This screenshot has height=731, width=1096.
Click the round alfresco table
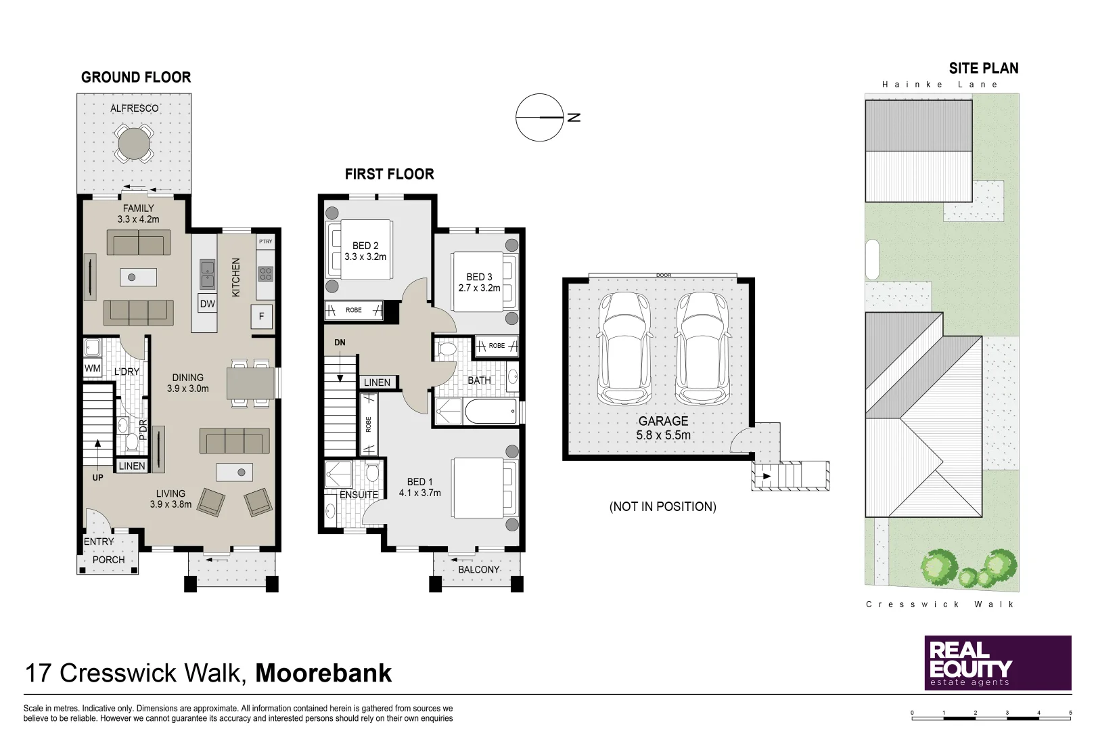coord(134,143)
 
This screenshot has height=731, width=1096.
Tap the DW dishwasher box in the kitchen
coord(207,304)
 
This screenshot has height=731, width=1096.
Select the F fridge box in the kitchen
coord(262,316)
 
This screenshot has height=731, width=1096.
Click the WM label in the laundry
coord(93,368)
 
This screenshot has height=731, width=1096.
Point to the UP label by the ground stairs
coord(98,477)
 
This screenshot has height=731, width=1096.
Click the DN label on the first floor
coord(340,342)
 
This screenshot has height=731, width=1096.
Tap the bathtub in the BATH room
coord(490,412)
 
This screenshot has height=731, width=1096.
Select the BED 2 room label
coord(365,251)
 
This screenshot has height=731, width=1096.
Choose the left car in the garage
coord(624,348)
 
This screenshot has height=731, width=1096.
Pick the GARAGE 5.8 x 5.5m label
coord(663,428)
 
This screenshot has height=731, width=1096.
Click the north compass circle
coord(540,117)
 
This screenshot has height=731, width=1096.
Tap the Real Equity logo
coord(997,663)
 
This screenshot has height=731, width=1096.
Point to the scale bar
coord(991,713)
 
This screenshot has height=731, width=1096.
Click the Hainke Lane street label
coord(940,85)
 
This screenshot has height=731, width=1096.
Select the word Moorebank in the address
coord(323,673)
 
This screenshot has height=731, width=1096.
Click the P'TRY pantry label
coord(265,241)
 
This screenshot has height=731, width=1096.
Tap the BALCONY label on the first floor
coord(478,569)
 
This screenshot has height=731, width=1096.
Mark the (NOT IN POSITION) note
coord(662,506)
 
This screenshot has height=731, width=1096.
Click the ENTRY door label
coord(99,541)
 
